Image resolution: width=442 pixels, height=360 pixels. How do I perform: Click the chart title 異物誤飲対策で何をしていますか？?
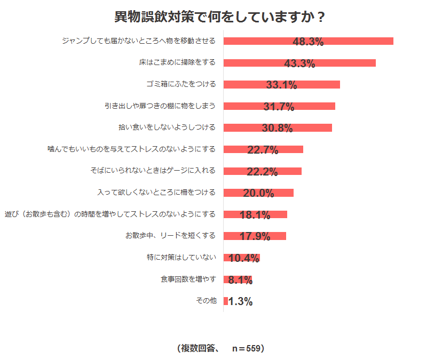220,17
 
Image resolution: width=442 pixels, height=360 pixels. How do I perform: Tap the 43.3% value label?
299,63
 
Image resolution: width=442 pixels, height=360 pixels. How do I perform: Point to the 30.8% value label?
278,128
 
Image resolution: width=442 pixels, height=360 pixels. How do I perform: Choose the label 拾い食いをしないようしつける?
167,127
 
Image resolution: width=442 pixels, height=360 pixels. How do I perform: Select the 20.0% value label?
258,193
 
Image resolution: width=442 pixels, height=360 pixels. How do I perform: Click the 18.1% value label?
255,215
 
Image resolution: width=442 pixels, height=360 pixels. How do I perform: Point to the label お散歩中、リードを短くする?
170,236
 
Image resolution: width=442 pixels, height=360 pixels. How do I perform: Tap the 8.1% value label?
240,280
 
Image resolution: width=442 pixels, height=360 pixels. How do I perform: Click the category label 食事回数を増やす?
188,279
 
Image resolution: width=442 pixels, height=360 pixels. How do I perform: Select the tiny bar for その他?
226,301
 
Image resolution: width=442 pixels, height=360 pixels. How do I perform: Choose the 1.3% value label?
240,301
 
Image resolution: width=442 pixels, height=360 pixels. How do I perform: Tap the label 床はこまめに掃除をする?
177,62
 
